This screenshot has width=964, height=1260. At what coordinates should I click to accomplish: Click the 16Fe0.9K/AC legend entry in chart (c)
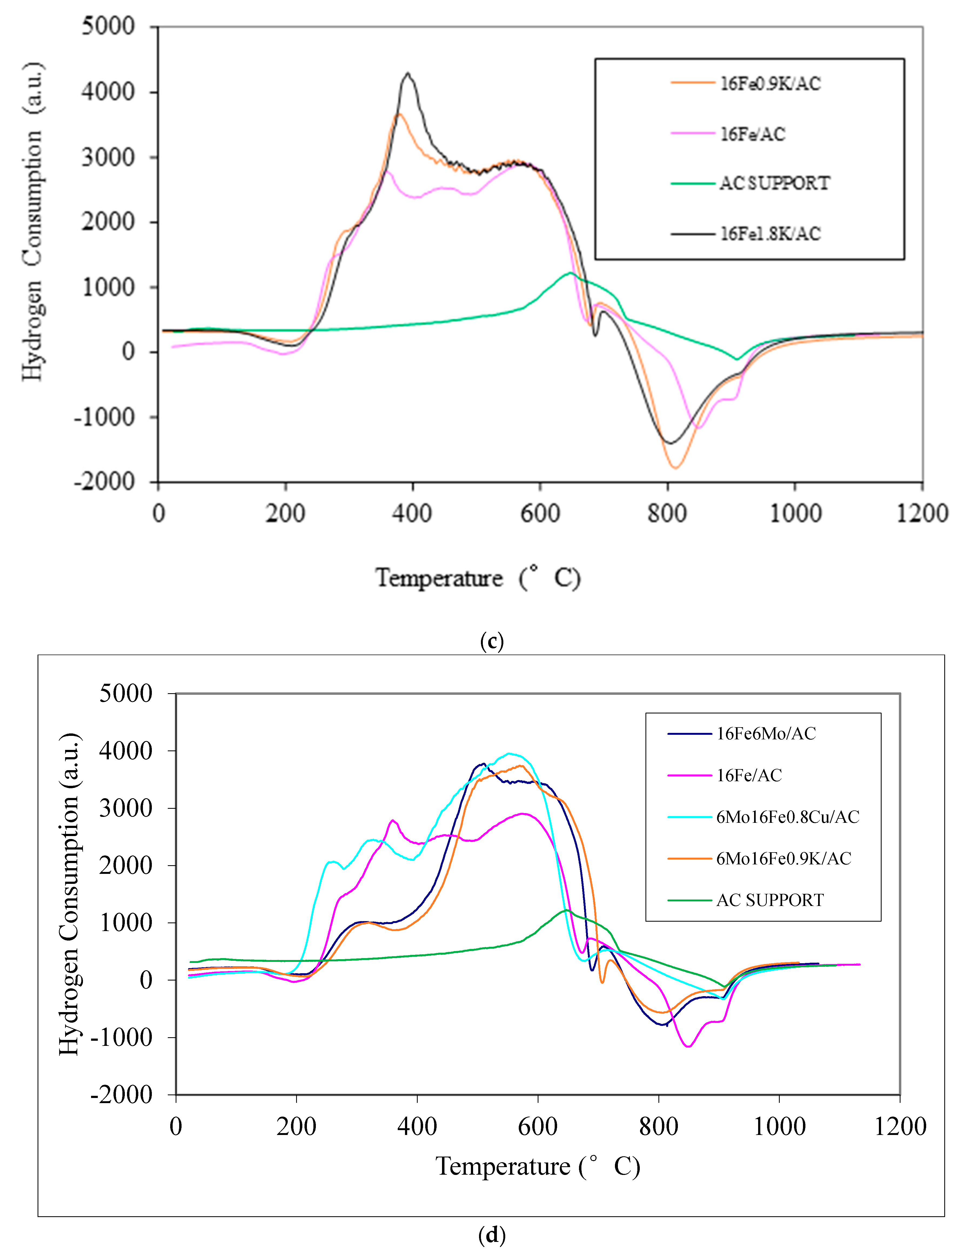click(x=770, y=84)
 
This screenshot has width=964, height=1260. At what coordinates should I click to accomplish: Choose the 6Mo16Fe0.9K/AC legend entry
click(x=783, y=858)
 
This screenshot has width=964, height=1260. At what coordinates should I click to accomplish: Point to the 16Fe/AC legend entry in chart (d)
click(x=749, y=775)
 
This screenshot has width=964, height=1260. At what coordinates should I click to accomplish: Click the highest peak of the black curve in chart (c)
click(x=407, y=73)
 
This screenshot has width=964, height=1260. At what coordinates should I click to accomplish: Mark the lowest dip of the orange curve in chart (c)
click(x=675, y=468)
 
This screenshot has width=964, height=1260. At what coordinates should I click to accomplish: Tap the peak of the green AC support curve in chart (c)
click(x=570, y=273)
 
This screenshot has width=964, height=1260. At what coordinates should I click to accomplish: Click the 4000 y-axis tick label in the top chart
click(x=108, y=92)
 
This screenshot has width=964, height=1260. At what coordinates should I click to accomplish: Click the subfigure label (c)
click(x=492, y=641)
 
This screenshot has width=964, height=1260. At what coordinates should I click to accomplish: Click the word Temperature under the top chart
click(x=439, y=578)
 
